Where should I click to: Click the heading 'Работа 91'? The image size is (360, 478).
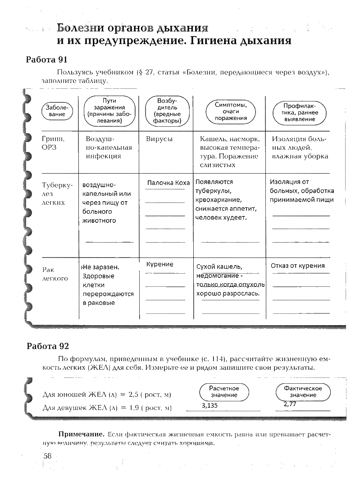pyautogui.click(x=47, y=60)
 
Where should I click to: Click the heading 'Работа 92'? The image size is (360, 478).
pyautogui.click(x=47, y=346)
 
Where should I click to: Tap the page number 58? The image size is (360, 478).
pyautogui.click(x=48, y=456)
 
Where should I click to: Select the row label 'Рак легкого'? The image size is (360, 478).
pyautogui.click(x=55, y=274)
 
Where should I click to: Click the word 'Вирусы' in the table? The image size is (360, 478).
pyautogui.click(x=159, y=139)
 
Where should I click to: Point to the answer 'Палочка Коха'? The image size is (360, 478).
pyautogui.click(x=169, y=183)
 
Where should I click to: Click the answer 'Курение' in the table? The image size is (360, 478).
pyautogui.click(x=160, y=264)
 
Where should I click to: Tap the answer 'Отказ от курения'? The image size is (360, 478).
pyautogui.click(x=297, y=266)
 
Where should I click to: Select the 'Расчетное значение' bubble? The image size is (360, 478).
pyautogui.click(x=224, y=391)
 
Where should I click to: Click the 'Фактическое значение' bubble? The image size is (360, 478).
pyautogui.click(x=303, y=391)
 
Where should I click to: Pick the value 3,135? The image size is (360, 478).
pyautogui.click(x=210, y=405)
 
